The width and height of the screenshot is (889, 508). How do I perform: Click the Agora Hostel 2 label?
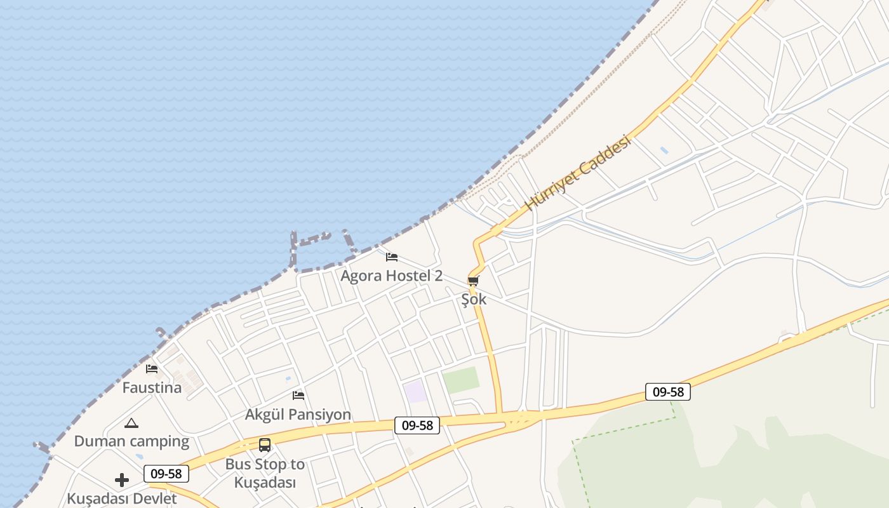pos(391,276)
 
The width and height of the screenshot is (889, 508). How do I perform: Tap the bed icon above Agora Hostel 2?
pos(392,257)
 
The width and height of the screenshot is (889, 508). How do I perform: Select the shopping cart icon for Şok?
pos(473,281)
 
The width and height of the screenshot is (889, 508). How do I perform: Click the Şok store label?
pos(474,299)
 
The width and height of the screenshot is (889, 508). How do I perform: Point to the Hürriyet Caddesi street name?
pos(578,173)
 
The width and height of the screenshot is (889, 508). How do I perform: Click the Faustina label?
pos(152,387)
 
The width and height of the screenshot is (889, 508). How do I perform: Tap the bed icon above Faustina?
pos(152,368)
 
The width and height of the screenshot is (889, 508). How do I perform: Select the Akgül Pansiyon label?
pos(298,415)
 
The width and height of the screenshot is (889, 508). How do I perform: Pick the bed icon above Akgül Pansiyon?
pos(298,396)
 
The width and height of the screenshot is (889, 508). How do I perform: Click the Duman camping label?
pos(131,441)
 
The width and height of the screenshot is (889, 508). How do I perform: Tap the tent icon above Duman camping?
pos(131,423)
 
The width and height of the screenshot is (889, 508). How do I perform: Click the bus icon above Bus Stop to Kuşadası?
pos(265,445)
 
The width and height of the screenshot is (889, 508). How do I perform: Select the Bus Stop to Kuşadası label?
pos(265,473)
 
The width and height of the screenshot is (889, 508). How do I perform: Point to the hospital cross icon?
pos(122,479)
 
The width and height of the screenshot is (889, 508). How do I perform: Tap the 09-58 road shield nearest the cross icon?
pos(166,474)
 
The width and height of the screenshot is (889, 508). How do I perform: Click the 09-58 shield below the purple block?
pos(417,425)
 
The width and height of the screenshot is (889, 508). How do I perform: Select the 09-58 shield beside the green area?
pos(668,392)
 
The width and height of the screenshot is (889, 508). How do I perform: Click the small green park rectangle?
pos(461,380)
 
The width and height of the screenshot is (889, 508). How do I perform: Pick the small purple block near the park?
pos(416,392)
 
